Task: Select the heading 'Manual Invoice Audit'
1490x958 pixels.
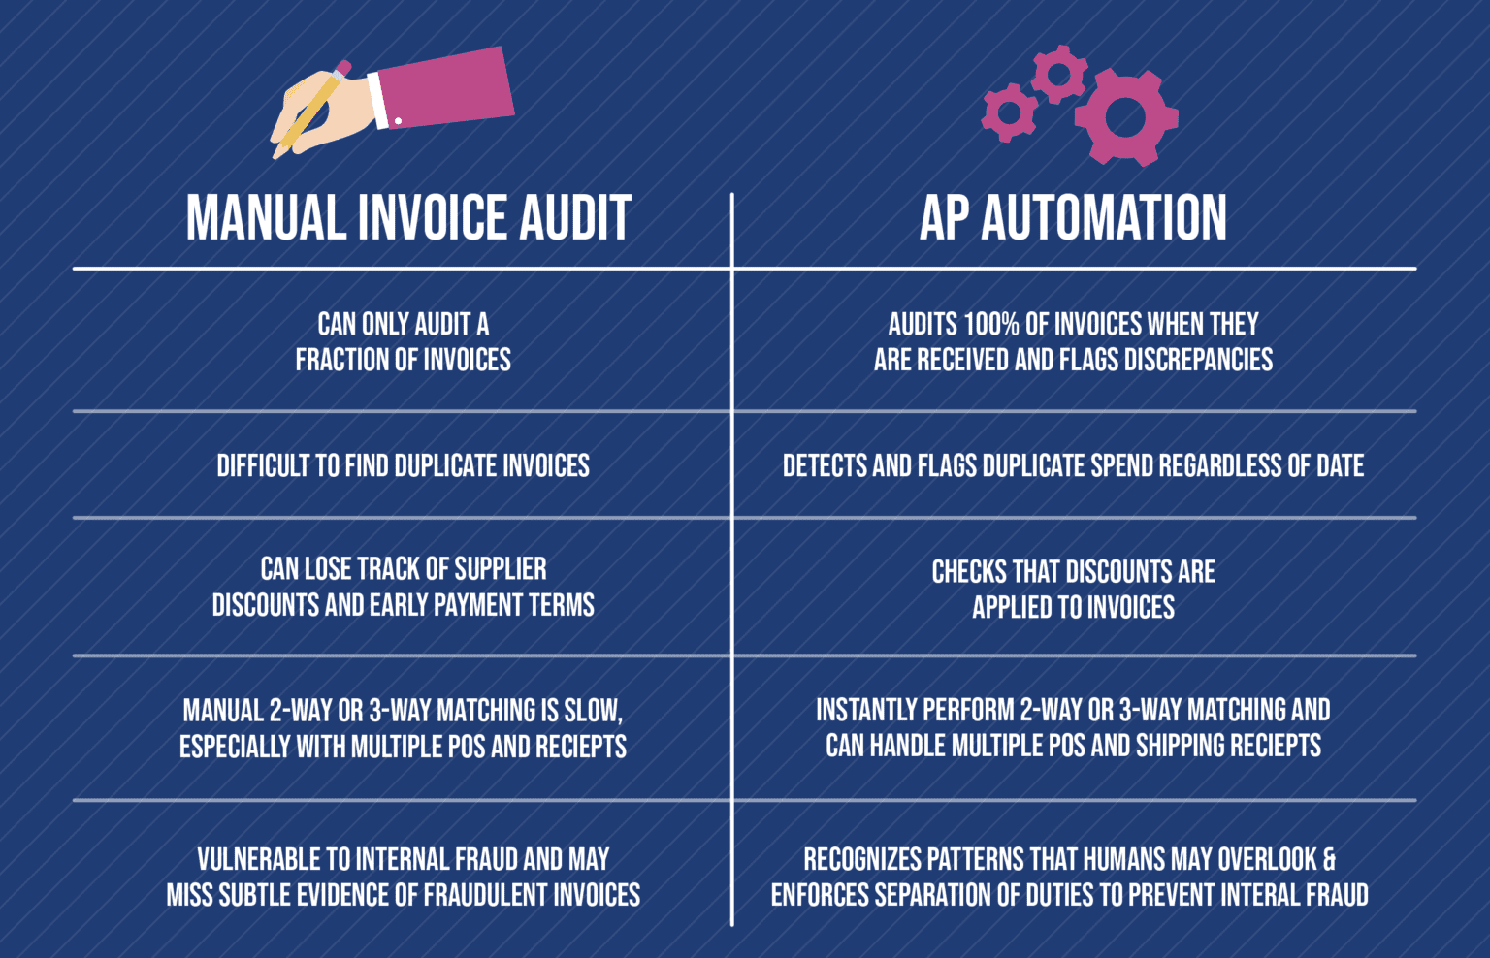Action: point(408,217)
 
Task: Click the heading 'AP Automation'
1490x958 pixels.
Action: point(1073,217)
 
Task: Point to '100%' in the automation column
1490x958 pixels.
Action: point(993,324)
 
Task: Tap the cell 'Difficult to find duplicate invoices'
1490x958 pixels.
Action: point(403,466)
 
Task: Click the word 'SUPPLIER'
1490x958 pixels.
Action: point(501,569)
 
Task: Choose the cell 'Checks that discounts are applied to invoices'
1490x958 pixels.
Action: point(1073,590)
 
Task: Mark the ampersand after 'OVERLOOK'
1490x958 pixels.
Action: point(1329,860)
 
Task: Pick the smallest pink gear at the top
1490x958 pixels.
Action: point(1009,112)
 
